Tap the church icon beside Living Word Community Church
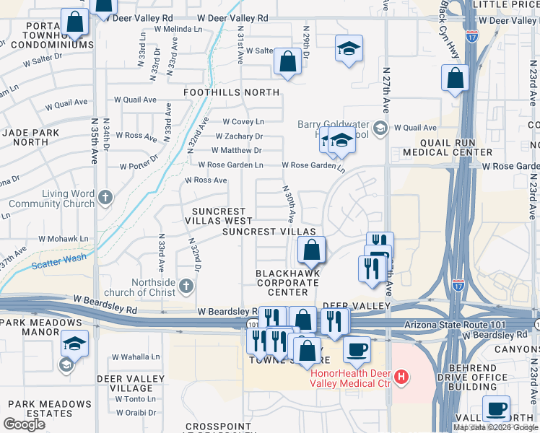click(106, 196)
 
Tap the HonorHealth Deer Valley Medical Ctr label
click(351, 377)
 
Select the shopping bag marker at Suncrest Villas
click(311, 250)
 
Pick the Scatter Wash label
click(60, 258)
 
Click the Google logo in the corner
click(24, 424)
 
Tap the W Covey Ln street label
click(243, 121)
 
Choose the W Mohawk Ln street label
click(63, 237)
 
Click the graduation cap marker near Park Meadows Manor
click(74, 344)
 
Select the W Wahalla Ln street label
click(136, 357)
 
